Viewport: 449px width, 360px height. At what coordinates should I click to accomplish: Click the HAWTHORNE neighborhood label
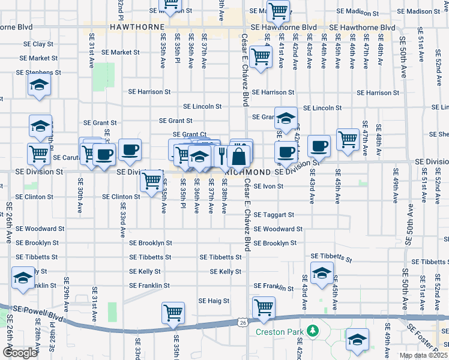(x=133, y=27)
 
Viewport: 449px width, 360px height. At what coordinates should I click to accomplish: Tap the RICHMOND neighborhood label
(x=247, y=172)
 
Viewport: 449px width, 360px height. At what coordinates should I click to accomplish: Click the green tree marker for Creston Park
(x=312, y=331)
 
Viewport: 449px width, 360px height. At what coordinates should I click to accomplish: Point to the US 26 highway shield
(x=243, y=323)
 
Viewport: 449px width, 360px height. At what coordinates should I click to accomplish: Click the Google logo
(x=20, y=353)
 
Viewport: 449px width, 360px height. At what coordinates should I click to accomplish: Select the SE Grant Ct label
(x=189, y=134)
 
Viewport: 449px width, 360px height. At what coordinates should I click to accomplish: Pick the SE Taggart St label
(x=274, y=214)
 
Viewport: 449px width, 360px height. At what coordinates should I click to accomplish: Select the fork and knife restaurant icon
(x=222, y=155)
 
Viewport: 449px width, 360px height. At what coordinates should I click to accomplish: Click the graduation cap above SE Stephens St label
(x=39, y=85)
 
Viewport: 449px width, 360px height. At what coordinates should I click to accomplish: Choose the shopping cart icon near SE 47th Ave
(x=348, y=139)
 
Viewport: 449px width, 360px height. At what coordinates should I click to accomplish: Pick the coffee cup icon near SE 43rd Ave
(x=319, y=145)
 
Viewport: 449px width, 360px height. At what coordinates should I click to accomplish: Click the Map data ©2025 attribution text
(x=423, y=355)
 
